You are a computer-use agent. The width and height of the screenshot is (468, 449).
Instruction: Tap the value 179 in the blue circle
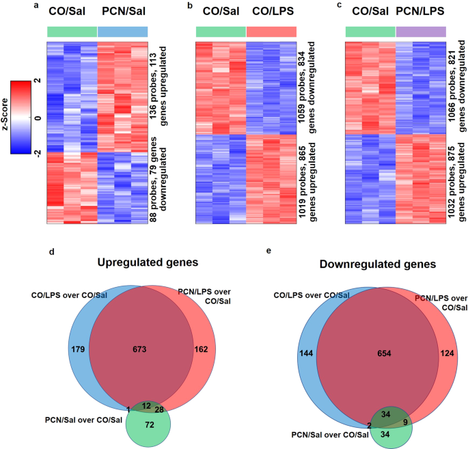pyautogui.click(x=78, y=350)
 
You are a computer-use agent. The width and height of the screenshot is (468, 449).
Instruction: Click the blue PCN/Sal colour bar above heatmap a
pyautogui.click(x=123, y=31)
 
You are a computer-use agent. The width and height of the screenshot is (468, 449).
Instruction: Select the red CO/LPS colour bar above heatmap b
pyautogui.click(x=271, y=31)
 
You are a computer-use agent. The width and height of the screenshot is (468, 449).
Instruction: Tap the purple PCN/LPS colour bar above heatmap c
pyautogui.click(x=421, y=31)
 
